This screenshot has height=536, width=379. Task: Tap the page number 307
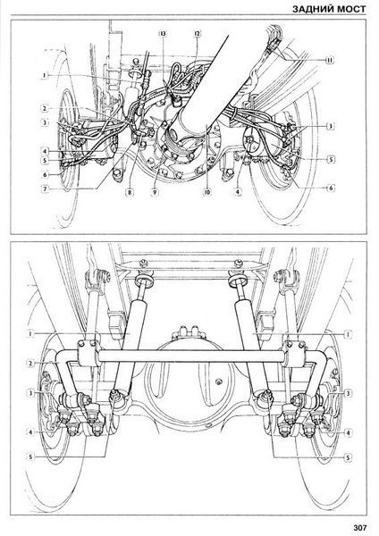click(x=359, y=527)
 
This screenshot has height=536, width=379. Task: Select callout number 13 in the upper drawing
click(x=163, y=34)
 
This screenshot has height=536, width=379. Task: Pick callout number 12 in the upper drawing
click(x=198, y=34)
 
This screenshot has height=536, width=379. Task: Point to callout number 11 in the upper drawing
click(x=329, y=60)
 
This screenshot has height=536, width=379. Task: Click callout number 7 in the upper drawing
click(x=45, y=189)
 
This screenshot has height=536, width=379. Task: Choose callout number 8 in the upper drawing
click(x=130, y=192)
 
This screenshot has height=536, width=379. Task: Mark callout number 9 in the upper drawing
click(x=155, y=192)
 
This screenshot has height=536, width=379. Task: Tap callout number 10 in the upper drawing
click(x=207, y=192)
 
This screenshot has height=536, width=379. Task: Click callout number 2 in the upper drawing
click(x=45, y=109)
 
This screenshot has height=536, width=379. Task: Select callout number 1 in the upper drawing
click(x=45, y=75)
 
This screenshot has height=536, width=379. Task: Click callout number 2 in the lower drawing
click(x=30, y=363)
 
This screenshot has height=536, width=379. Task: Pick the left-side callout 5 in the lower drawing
click(x=30, y=456)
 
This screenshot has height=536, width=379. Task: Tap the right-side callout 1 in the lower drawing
click(x=348, y=333)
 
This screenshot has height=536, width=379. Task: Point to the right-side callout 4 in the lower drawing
click(x=348, y=432)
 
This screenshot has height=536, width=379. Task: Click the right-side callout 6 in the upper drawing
click(x=331, y=188)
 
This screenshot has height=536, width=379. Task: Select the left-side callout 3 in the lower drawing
click(x=30, y=393)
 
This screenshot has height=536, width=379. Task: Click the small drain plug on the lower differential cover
click(x=217, y=381)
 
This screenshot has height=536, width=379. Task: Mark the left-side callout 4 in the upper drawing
click(x=45, y=150)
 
